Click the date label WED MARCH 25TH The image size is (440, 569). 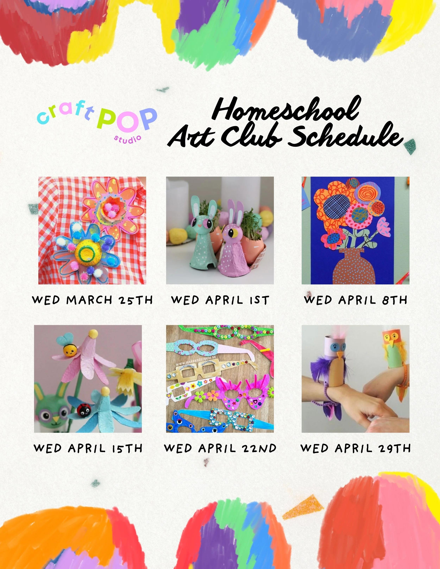[x=92, y=300]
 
